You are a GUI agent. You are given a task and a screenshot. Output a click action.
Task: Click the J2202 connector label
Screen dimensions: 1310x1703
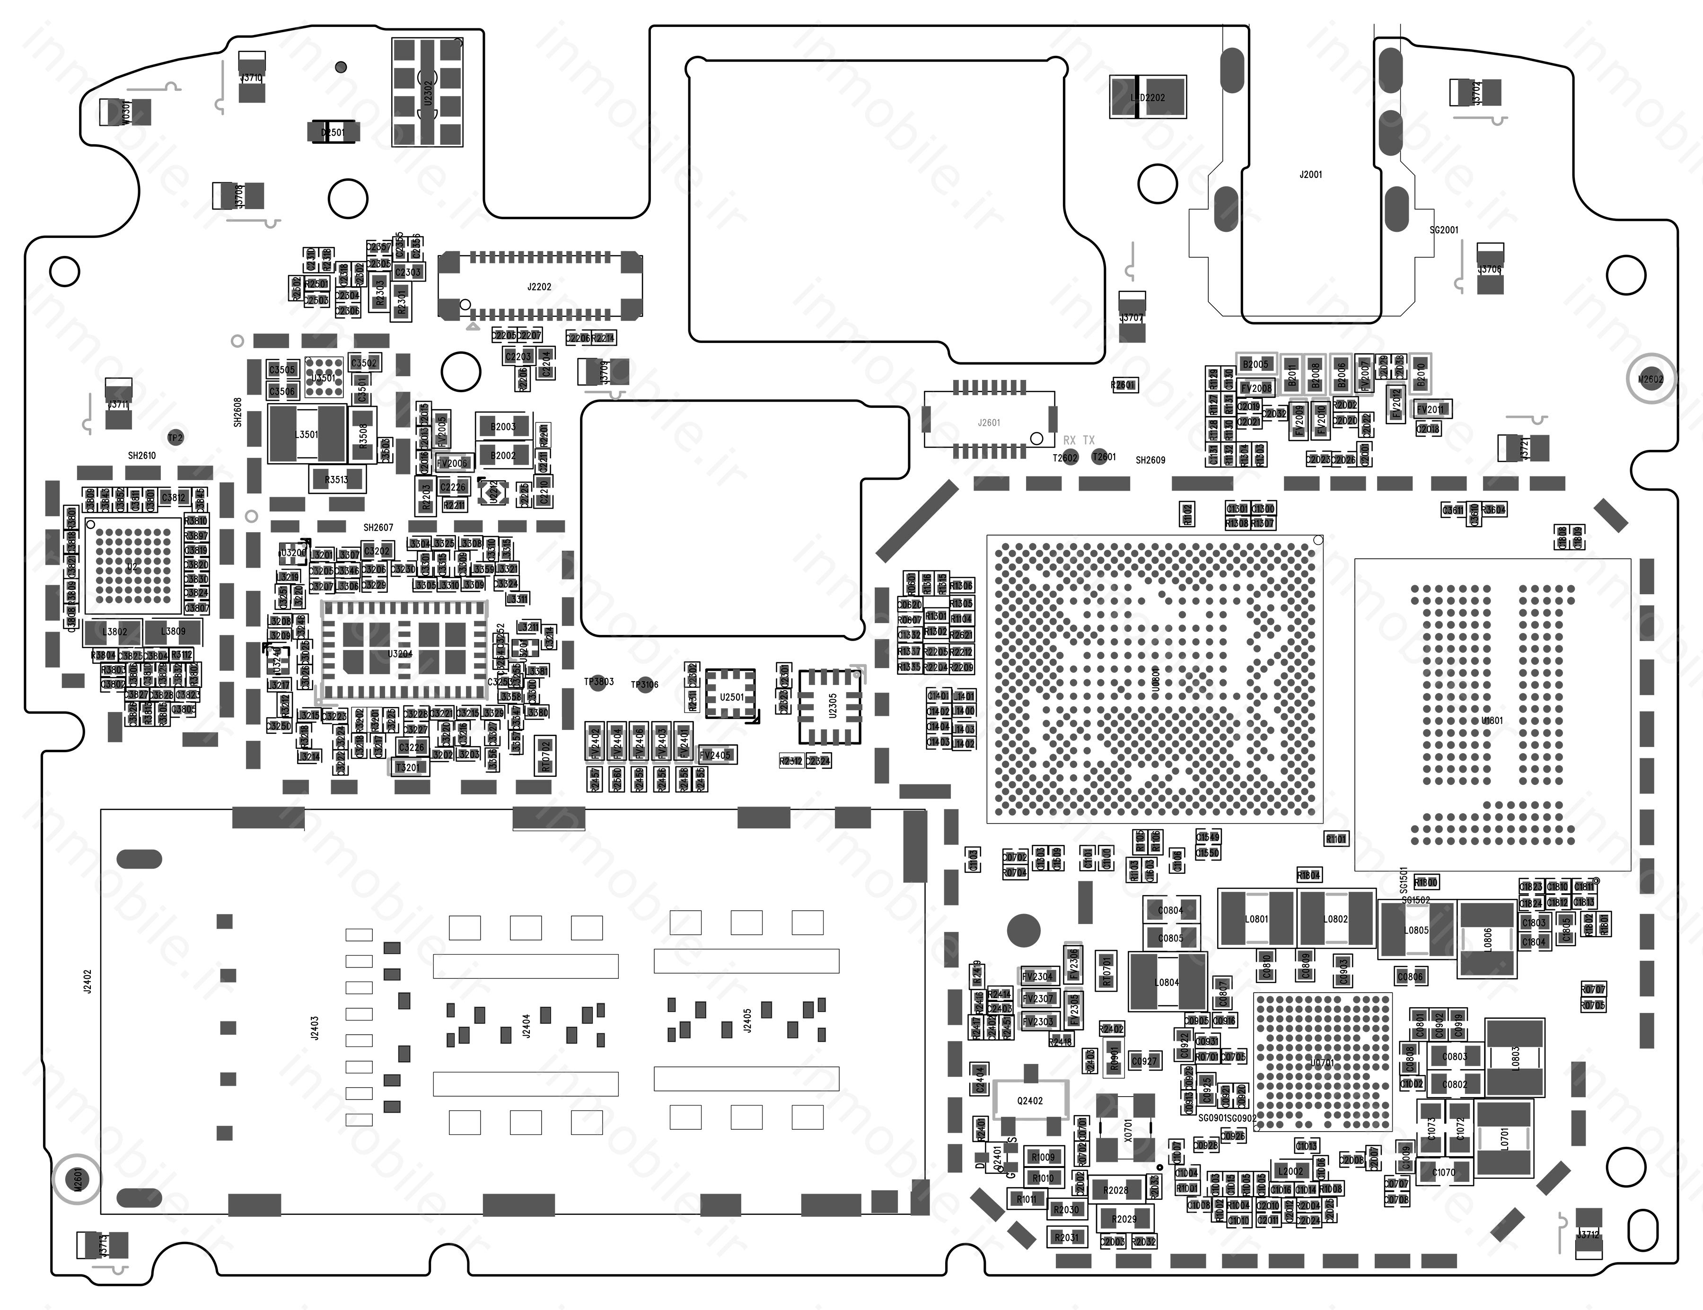[x=539, y=287]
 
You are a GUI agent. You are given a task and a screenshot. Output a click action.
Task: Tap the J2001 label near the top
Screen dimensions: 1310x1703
[x=1311, y=175]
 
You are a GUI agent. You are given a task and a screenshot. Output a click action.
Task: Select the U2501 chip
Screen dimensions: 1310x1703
[x=731, y=696]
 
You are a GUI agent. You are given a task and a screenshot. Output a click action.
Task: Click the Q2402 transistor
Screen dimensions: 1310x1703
[x=1030, y=1100]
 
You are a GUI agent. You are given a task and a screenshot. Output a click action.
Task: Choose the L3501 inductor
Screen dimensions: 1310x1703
[x=307, y=434]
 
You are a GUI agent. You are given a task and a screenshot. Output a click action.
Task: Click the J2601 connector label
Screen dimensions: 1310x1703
[x=989, y=422]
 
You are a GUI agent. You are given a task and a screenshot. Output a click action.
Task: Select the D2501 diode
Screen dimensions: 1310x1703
[x=333, y=132]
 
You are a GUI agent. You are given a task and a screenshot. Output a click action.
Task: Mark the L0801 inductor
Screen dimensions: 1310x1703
[x=1256, y=919]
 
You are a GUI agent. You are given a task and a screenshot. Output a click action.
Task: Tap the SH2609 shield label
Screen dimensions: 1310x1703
[x=1150, y=460]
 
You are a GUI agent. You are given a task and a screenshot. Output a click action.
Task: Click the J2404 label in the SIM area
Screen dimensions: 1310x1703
[x=527, y=1025]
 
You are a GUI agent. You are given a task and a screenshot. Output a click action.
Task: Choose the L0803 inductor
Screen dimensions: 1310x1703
[x=1515, y=1058]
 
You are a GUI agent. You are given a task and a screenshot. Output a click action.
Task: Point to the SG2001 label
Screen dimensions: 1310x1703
[x=1443, y=230]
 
